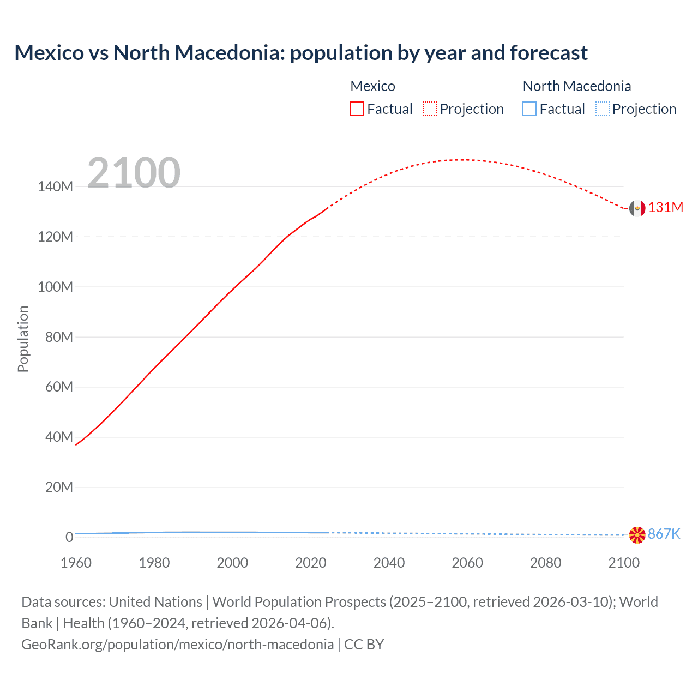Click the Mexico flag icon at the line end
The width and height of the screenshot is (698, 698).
637,208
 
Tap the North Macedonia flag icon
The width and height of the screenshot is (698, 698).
637,535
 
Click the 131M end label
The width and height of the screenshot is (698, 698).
666,208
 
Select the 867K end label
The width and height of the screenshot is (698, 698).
664,534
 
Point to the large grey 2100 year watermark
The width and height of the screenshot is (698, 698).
134,173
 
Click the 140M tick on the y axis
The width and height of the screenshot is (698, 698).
55,187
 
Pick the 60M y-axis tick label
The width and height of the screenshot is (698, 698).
58,387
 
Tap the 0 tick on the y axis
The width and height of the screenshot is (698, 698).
69,537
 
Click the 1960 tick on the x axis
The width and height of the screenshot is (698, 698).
76,563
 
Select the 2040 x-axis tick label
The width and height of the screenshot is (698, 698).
389,563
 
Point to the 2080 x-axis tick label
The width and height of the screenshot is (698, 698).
545,563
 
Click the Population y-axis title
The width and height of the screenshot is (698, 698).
23,339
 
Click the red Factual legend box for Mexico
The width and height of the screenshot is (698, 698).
357,109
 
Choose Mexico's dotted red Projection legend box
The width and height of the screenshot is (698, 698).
430,109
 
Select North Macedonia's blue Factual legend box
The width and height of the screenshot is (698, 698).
529,109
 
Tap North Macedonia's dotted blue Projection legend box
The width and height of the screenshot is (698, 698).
602,109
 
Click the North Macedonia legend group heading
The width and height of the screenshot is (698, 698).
576,86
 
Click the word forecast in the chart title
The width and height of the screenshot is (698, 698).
549,53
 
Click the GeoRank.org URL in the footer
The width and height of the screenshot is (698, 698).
177,645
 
